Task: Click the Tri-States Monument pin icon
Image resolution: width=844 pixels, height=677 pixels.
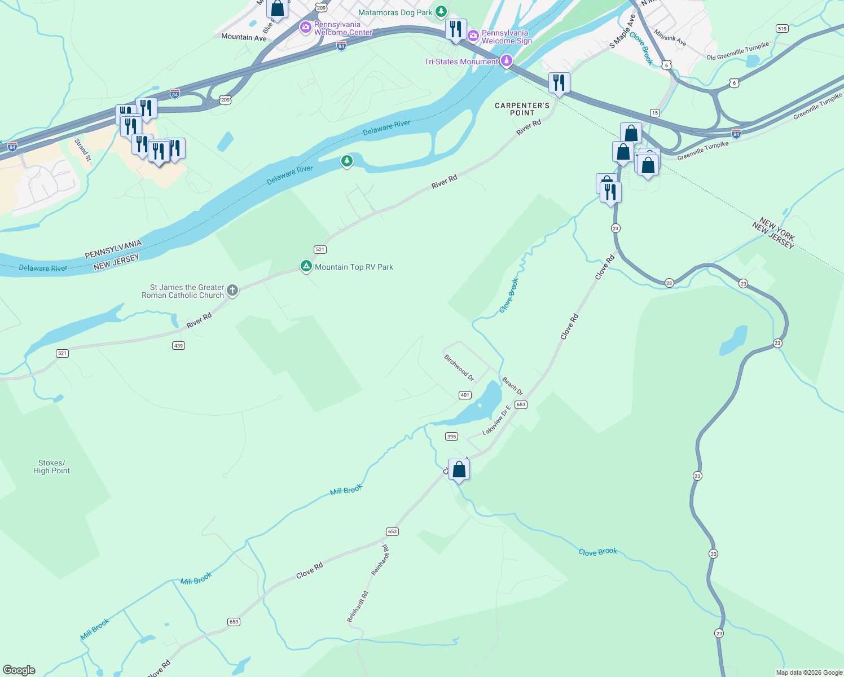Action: (507, 61)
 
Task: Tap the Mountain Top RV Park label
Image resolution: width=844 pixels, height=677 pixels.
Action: (354, 267)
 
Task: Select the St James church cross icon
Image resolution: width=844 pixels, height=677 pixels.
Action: (232, 291)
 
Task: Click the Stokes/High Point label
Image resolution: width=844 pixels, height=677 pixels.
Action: (51, 467)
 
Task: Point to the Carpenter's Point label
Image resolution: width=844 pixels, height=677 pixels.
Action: (522, 109)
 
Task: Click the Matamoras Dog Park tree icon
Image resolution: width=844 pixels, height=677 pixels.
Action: (441, 11)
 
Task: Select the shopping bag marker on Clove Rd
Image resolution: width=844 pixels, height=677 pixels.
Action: (459, 469)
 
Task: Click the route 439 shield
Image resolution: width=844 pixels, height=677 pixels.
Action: (178, 345)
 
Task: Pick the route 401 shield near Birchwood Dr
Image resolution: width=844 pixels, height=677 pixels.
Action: (465, 395)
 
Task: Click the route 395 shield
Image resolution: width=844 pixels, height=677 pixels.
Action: (451, 436)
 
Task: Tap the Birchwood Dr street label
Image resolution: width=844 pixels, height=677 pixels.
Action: (459, 367)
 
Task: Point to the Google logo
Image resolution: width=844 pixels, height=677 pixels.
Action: (19, 670)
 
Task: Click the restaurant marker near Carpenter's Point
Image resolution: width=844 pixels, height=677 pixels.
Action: (559, 83)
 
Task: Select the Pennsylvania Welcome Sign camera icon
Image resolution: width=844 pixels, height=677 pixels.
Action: (473, 36)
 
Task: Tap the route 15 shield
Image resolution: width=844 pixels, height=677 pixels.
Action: (654, 113)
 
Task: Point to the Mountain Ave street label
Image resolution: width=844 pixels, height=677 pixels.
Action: (244, 37)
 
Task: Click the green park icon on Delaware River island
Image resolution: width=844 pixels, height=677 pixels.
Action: (347, 162)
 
